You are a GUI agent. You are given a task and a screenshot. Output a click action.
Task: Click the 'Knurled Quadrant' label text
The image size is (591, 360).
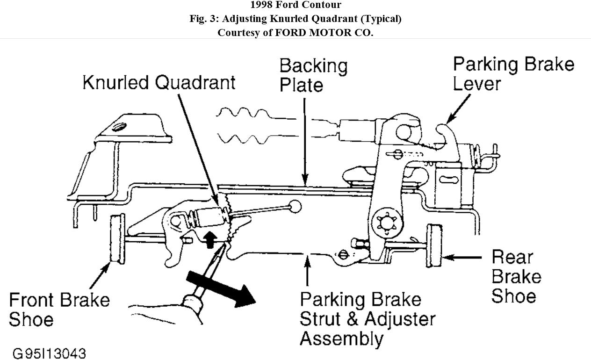pos(159,82)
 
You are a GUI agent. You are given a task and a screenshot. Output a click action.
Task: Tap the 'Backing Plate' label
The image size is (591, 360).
pos(313,76)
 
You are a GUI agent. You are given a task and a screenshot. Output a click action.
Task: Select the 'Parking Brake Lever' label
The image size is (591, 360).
pos(513,74)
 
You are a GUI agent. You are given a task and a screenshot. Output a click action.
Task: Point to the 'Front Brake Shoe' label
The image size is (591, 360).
pos(59,310)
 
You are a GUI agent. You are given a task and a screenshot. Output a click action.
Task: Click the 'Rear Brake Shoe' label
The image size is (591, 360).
pos(516,276)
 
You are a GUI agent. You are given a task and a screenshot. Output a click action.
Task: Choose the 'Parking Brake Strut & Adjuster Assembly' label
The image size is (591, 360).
pos(367,318)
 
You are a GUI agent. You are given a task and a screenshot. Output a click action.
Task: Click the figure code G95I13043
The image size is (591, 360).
pos(49,353)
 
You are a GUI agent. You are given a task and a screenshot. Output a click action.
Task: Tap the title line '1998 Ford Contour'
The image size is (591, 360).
pos(295,6)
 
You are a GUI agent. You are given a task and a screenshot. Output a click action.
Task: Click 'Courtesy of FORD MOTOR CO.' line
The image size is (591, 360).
pos(295,33)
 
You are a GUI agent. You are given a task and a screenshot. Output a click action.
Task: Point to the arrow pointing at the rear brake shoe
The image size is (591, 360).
pos(463,257)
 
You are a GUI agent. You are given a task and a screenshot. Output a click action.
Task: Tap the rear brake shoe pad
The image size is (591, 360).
pos(434,246)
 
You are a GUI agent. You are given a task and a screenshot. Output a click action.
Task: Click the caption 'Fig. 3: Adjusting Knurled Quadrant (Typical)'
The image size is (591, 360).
pos(295,19)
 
